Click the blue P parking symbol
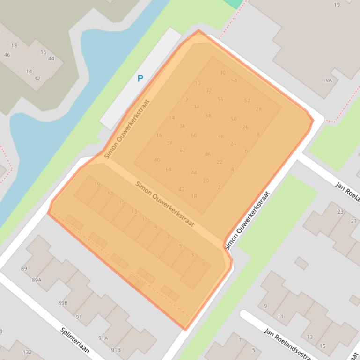pyautogui.click(x=140, y=79)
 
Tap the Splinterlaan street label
pyautogui.click(x=74, y=340)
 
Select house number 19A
pyautogui.click(x=327, y=80)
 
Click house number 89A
pyautogui.click(x=37, y=280)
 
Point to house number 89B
pyautogui.click(x=63, y=303)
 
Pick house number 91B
pyautogui.click(x=116, y=350)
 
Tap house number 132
pyautogui.click(x=27, y=352)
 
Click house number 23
pyautogui.click(x=340, y=212)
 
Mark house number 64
pyautogui.click(x=169, y=169)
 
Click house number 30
pyautogui.click(x=222, y=72)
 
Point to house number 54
pyautogui.click(x=234, y=81)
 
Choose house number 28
pyautogui.click(x=258, y=109)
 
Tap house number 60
pyautogui.click(x=194, y=136)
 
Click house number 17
pyautogui.click(x=110, y=194)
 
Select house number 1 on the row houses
pyautogui.click(x=205, y=264)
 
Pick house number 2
pyautogui.click(x=219, y=187)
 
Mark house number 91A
pyautogui.click(x=103, y=338)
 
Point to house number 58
pyautogui.click(x=208, y=116)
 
